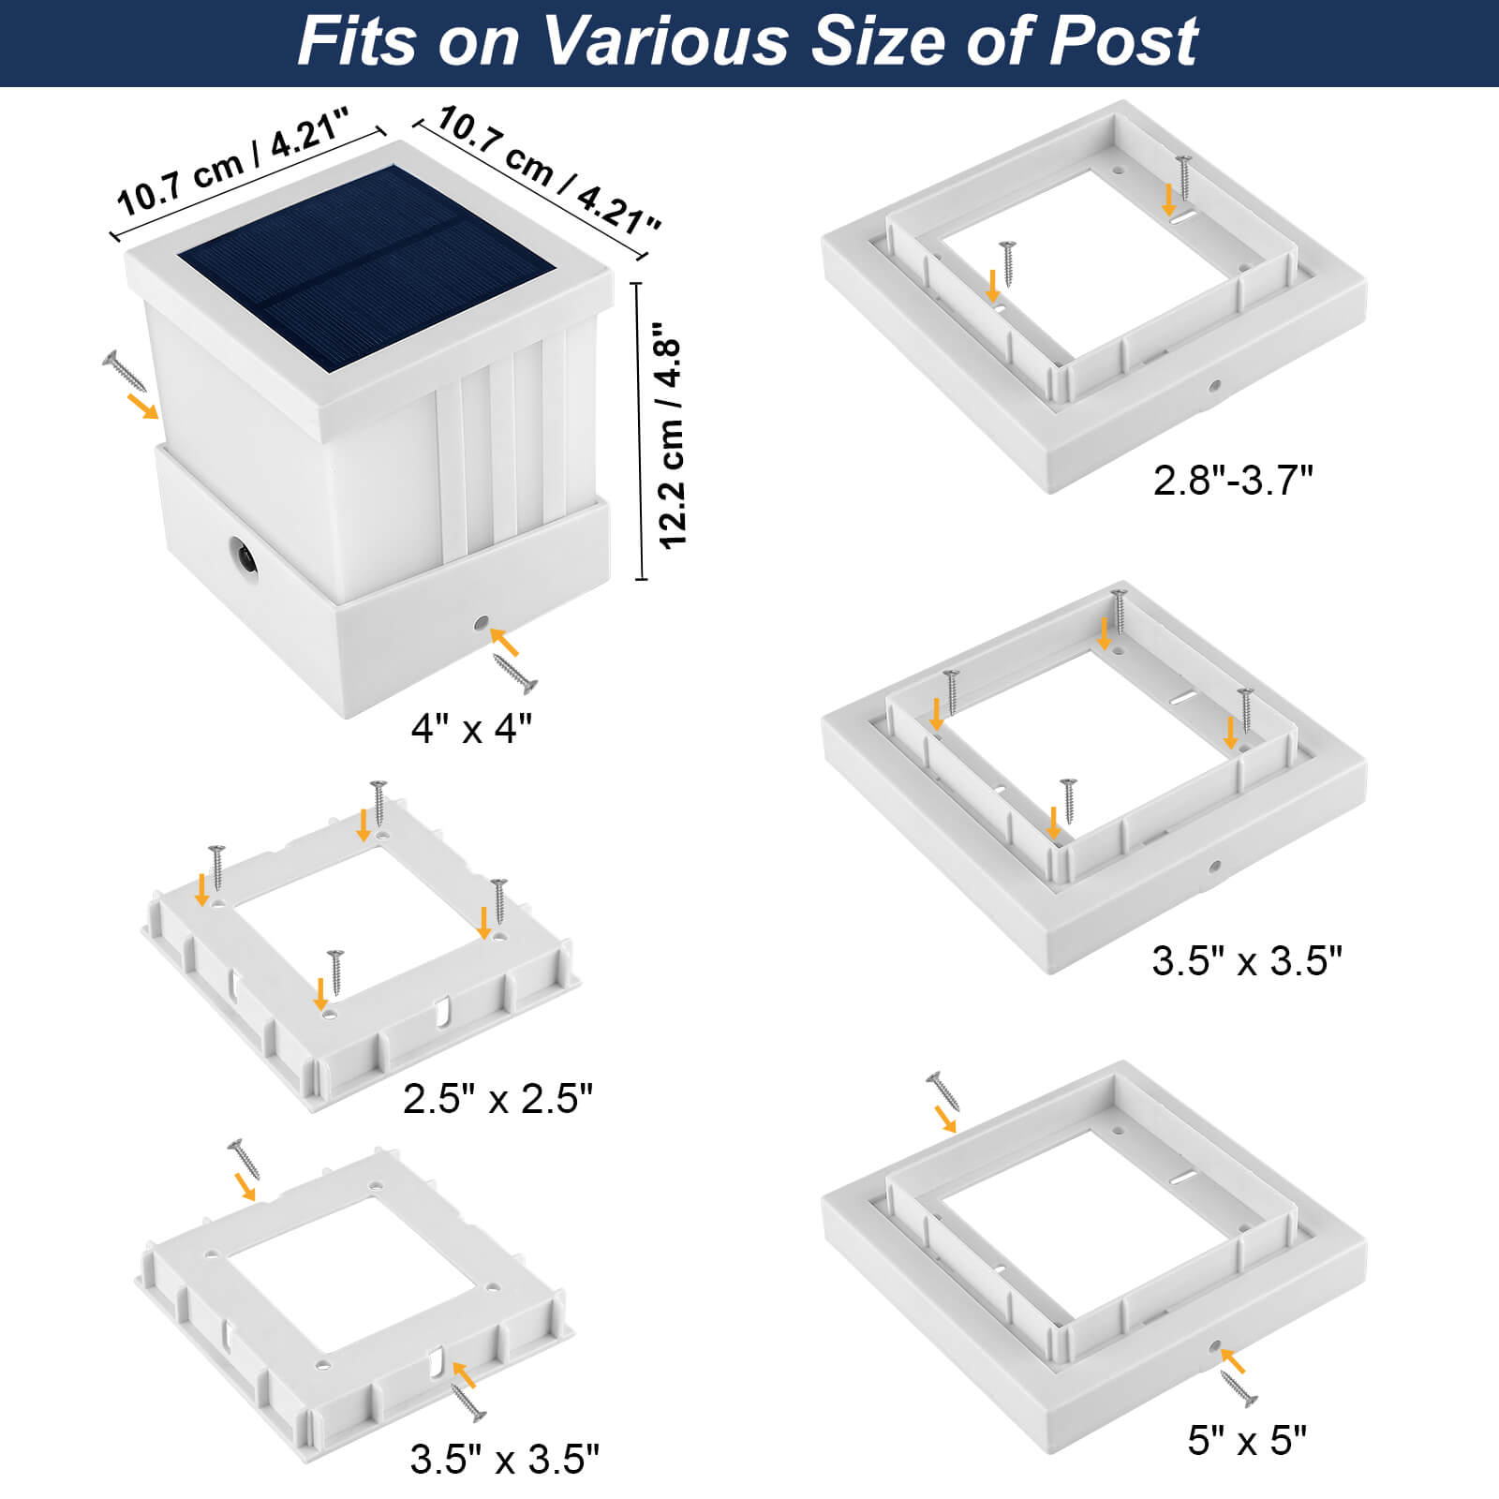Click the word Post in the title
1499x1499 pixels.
1123,41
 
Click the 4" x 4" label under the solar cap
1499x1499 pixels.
471,728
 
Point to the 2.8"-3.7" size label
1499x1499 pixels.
1232,480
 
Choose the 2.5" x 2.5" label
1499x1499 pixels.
497,1098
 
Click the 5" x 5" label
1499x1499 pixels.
1246,1440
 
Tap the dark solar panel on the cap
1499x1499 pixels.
366,268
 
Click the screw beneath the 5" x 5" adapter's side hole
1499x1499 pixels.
1239,1388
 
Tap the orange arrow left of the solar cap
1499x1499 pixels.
143,407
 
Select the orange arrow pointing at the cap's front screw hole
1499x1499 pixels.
503,641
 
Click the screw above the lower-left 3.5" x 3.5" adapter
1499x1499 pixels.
244,1159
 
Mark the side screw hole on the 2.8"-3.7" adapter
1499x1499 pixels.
1214,385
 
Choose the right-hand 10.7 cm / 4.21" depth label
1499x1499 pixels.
548,171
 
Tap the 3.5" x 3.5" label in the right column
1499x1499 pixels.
1247,961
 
